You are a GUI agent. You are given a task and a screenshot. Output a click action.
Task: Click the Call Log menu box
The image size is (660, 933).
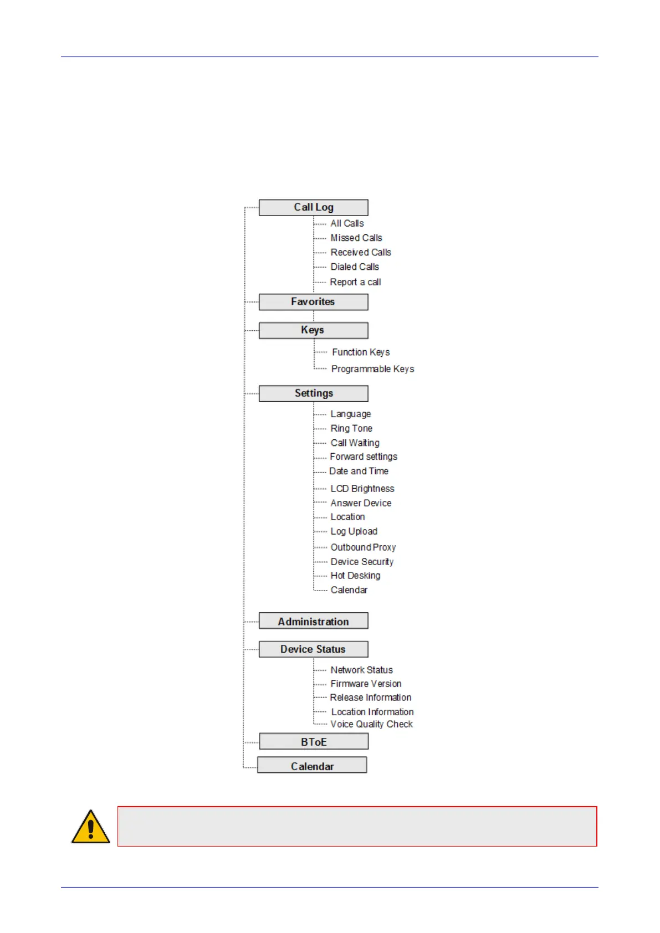[313, 207]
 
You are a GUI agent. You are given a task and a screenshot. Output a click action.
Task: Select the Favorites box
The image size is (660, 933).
[313, 302]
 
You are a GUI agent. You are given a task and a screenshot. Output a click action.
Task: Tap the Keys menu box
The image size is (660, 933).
[313, 330]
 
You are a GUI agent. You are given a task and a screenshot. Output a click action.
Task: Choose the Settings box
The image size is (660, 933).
[313, 393]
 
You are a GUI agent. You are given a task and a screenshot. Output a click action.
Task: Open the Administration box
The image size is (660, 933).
[313, 622]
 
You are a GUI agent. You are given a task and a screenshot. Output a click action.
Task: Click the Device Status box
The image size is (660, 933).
[313, 649]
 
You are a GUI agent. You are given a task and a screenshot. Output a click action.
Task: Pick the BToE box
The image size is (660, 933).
[313, 742]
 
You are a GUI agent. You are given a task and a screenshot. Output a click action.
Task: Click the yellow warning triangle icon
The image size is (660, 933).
[91, 827]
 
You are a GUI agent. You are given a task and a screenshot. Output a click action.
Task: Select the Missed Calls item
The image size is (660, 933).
[356, 238]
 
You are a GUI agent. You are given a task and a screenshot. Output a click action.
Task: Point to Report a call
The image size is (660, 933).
[355, 282]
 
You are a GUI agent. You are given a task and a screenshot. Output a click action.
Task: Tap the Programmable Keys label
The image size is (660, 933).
[372, 369]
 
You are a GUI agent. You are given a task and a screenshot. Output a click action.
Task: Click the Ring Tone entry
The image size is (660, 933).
[351, 428]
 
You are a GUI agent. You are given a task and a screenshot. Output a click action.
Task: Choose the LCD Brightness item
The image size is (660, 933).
[362, 489]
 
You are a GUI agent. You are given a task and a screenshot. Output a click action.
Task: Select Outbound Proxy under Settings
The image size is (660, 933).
[363, 547]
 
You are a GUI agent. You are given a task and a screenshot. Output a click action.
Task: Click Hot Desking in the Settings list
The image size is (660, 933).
[355, 576]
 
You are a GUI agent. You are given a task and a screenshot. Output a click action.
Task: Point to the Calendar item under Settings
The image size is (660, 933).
[349, 590]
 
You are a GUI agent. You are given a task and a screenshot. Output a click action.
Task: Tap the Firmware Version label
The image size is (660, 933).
[366, 684]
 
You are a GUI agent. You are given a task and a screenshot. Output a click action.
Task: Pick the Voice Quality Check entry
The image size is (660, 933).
[371, 724]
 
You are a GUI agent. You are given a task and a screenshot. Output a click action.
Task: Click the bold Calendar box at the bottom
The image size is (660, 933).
[312, 766]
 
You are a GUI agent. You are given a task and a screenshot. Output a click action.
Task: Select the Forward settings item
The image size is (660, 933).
[364, 457]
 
